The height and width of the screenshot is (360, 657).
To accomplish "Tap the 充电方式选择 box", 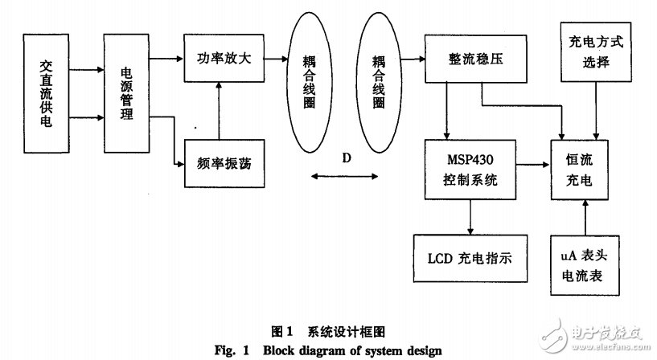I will (593, 51).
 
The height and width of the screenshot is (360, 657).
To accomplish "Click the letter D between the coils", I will (347, 157).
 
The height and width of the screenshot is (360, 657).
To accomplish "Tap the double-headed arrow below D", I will (346, 178).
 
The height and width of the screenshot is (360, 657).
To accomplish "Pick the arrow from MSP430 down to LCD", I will (470, 216).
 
